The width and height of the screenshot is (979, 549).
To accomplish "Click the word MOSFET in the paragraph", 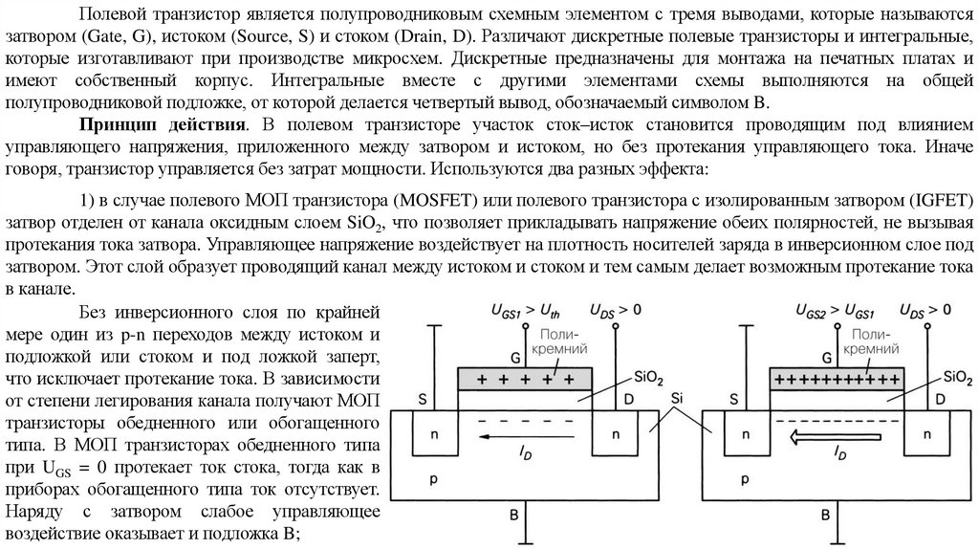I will pyautogui.click(x=432, y=199).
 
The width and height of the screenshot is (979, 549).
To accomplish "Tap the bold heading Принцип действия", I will pyautogui.click(x=161, y=125).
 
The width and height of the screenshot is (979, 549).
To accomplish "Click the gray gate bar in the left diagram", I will pyautogui.click(x=524, y=379).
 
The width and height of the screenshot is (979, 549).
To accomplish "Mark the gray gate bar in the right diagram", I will pyautogui.click(x=837, y=379).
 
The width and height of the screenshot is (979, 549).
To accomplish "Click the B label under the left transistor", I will pyautogui.click(x=513, y=515).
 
